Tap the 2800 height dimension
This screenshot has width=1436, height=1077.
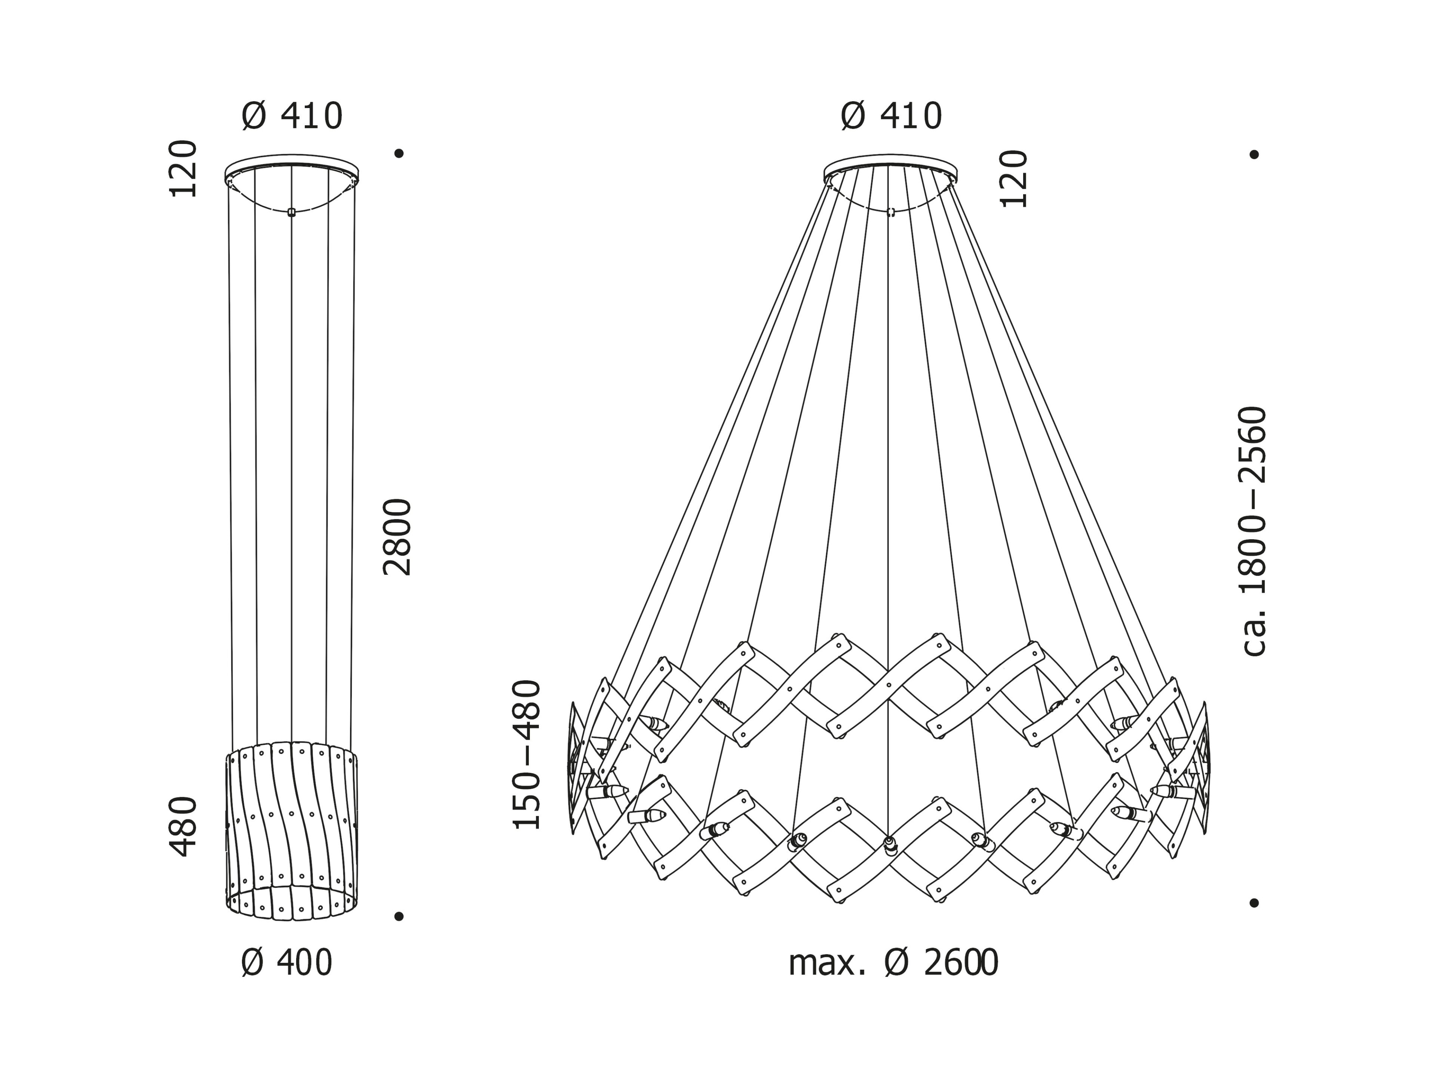[x=397, y=537]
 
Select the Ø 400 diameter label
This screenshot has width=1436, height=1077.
[x=286, y=963]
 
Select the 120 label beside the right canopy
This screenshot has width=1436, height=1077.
[x=1014, y=179]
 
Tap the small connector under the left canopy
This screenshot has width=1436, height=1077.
[x=291, y=212]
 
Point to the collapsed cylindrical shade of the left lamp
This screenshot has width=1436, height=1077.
[x=292, y=831]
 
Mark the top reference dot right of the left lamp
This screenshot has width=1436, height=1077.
[x=399, y=153]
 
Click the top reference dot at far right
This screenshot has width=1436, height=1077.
[x=1254, y=154]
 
